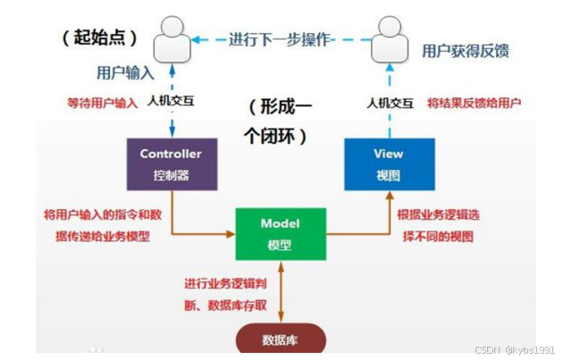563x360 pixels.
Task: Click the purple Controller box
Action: pos(171,163)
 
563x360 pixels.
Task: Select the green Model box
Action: pos(280,233)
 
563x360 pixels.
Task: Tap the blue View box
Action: pos(389,163)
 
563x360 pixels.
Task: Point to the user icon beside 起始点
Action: pos(172,40)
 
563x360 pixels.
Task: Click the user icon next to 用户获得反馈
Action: pos(389,40)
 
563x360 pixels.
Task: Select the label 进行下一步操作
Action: pos(280,39)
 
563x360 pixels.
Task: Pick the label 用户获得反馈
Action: pos(465,51)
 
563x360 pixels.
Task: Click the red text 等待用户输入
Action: pos(103,102)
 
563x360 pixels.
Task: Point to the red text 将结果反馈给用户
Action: pos(474,102)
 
